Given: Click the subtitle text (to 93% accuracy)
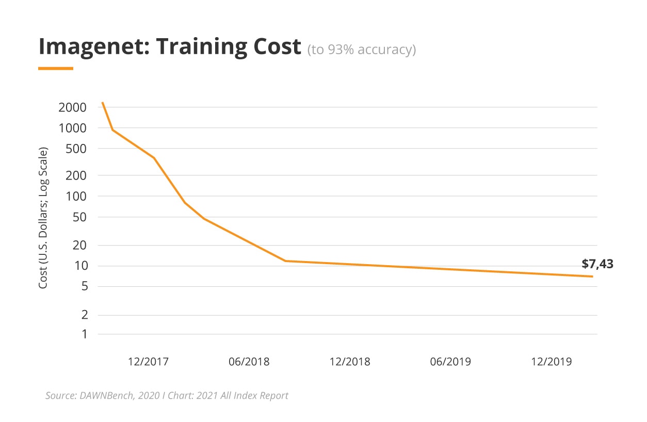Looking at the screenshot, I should (x=361, y=50).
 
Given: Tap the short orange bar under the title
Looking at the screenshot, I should (x=56, y=68).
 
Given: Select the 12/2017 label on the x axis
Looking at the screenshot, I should (x=148, y=361).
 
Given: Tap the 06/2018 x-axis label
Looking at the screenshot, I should (x=249, y=361).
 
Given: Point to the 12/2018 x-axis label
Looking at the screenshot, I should (x=350, y=361).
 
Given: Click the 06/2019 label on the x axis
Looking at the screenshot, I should (x=450, y=361).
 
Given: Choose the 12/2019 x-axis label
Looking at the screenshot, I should (x=552, y=361).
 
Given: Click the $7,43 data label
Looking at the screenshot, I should (x=597, y=264).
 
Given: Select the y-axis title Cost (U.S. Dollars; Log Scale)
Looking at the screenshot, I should (x=44, y=218).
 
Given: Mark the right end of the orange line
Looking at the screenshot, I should (x=592, y=277).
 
